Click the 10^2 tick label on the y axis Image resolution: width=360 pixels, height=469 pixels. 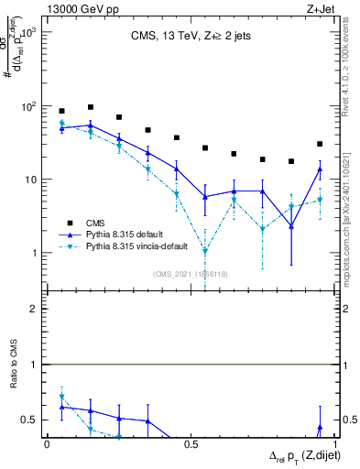pos(27,106)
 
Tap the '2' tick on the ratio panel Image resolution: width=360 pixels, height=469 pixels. pos(33,309)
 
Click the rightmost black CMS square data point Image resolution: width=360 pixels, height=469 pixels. pos(320,144)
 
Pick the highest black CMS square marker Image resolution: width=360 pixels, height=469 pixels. pos(91,107)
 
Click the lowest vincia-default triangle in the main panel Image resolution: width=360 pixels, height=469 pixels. pos(205,251)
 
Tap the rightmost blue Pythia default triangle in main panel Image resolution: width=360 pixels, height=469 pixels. pos(320,169)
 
